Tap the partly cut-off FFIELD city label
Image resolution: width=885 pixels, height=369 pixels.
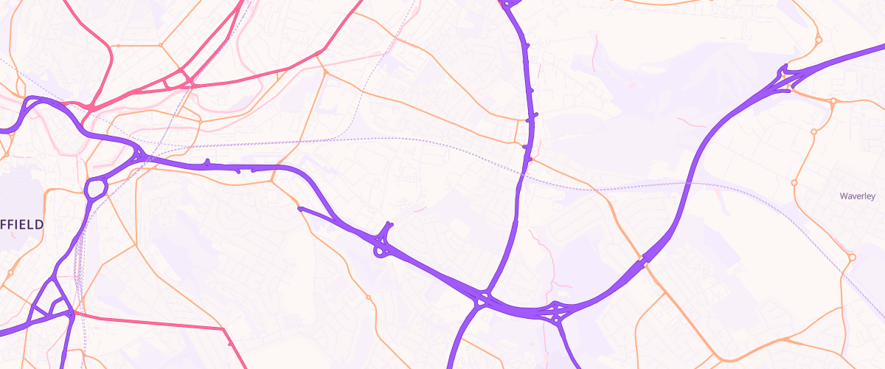[x=22, y=224]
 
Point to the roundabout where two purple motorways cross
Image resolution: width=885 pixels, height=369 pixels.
[x=482, y=300]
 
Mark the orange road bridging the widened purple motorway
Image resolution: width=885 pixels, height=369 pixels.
[x=644, y=261]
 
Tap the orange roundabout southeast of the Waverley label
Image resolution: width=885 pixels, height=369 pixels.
[x=852, y=258]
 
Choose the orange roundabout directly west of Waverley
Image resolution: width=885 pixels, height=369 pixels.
[x=794, y=182]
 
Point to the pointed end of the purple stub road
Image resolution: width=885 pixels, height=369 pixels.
[x=299, y=208]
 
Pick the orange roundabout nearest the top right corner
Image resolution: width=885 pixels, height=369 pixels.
[x=818, y=40]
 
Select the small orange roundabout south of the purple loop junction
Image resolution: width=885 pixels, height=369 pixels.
[x=368, y=297]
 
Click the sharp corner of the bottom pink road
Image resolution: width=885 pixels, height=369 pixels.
[x=223, y=328]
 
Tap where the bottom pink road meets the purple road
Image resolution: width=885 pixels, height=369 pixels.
[x=72, y=314]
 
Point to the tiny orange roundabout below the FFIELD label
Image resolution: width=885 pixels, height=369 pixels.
[x=10, y=273]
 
